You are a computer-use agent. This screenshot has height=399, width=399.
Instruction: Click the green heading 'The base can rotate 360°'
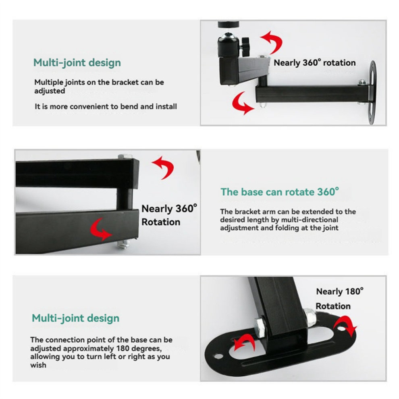coord(280,191)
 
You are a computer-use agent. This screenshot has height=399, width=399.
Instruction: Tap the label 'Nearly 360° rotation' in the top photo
coord(314,62)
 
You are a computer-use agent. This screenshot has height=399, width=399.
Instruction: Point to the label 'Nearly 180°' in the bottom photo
coord(340,291)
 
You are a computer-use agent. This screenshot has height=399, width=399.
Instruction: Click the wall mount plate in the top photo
coord(372,93)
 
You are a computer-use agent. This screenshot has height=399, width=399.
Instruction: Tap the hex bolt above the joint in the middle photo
coord(125,156)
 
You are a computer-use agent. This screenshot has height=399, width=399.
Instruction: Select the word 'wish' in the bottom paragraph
coord(38,365)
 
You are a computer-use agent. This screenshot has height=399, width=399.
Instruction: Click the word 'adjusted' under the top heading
coord(50,91)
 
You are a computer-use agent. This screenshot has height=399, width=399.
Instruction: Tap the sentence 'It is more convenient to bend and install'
coord(106,106)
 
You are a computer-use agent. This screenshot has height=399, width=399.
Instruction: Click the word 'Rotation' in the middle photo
coord(161,222)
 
